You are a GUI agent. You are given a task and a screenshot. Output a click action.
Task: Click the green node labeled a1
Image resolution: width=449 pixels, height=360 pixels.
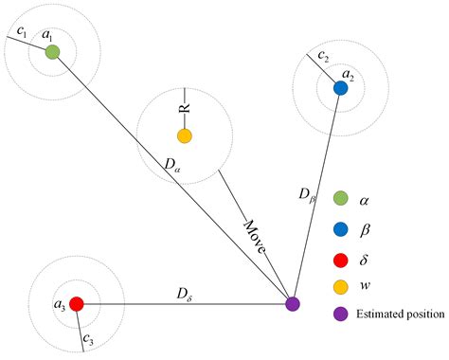tap(52, 52)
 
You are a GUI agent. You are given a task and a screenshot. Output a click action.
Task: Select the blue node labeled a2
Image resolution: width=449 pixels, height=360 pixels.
tap(340, 88)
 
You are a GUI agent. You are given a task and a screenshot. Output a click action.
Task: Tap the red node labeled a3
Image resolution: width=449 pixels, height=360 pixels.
tap(77, 304)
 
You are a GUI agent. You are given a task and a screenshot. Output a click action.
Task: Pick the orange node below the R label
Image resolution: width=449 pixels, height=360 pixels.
tap(184, 135)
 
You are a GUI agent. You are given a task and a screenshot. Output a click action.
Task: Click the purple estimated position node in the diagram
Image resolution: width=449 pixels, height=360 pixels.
tap(293, 304)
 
